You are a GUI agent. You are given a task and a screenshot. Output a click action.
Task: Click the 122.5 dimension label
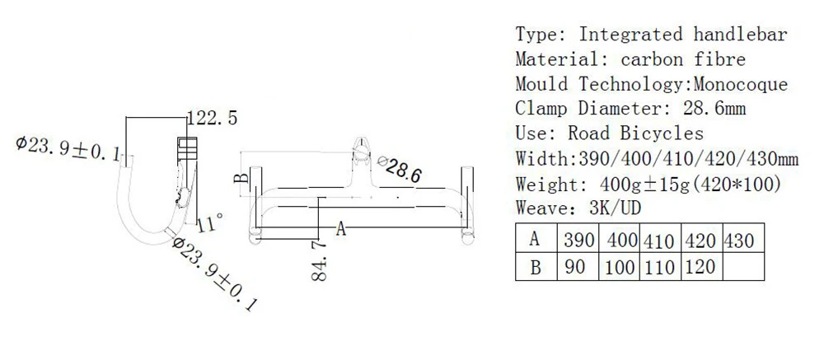(213, 119)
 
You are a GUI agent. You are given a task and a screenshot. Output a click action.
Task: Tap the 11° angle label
(211, 224)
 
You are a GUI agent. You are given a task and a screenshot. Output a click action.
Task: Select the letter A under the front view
(341, 229)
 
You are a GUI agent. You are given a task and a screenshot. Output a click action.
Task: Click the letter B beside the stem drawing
(241, 178)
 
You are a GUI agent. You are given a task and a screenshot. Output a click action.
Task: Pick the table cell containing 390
(578, 241)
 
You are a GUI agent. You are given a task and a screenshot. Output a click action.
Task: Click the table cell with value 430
(743, 241)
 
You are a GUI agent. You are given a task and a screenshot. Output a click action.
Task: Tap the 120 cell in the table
(702, 266)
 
